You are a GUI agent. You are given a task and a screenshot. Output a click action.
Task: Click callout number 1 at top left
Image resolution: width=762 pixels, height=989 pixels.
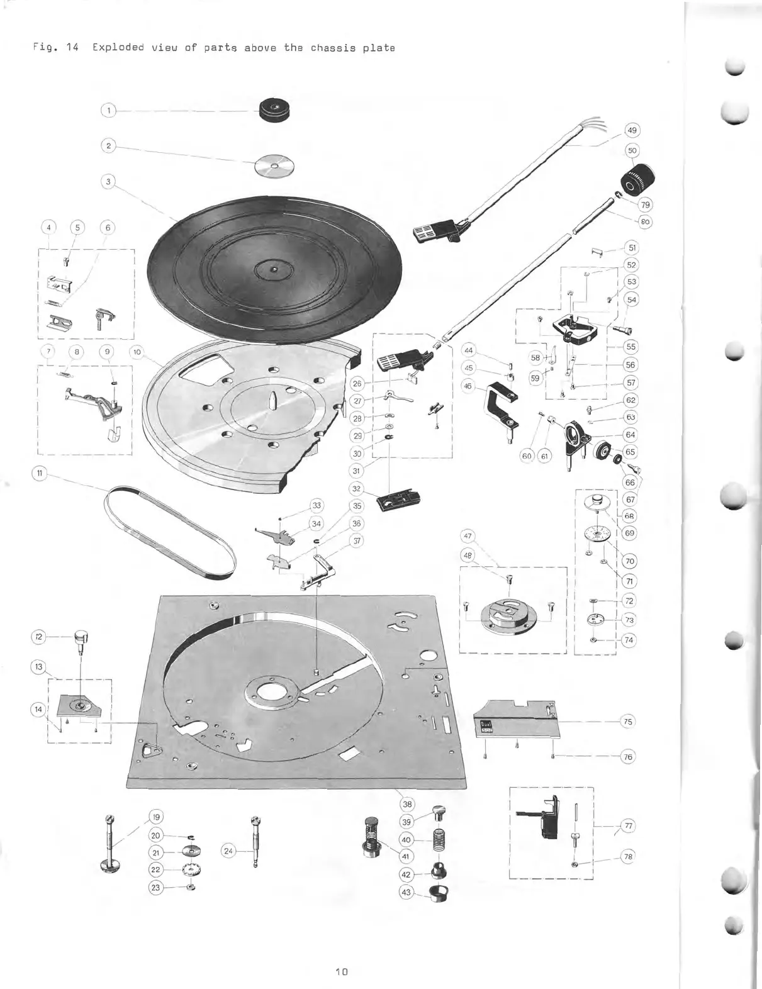coord(108,111)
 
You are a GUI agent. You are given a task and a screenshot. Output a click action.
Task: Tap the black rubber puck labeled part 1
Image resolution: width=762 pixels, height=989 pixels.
coord(275,111)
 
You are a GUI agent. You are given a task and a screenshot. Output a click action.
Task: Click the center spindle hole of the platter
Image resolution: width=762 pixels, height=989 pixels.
coord(273,271)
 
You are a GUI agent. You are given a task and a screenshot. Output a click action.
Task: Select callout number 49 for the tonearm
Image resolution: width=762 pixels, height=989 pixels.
coord(632,131)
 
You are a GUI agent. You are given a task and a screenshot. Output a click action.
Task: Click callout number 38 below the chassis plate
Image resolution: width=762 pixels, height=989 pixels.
coord(407,803)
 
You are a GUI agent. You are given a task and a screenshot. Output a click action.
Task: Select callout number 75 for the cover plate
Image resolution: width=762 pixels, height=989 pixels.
coord(627,722)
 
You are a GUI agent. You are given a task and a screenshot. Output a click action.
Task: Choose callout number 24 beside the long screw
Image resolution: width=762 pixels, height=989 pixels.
coord(228,851)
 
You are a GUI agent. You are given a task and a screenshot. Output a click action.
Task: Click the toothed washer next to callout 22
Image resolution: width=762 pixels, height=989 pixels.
coord(191,869)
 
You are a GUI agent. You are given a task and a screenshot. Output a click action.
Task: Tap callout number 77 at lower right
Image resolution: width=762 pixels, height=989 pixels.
coord(627,825)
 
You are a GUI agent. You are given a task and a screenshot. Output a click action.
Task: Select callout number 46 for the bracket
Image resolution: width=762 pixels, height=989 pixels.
coord(468,386)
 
